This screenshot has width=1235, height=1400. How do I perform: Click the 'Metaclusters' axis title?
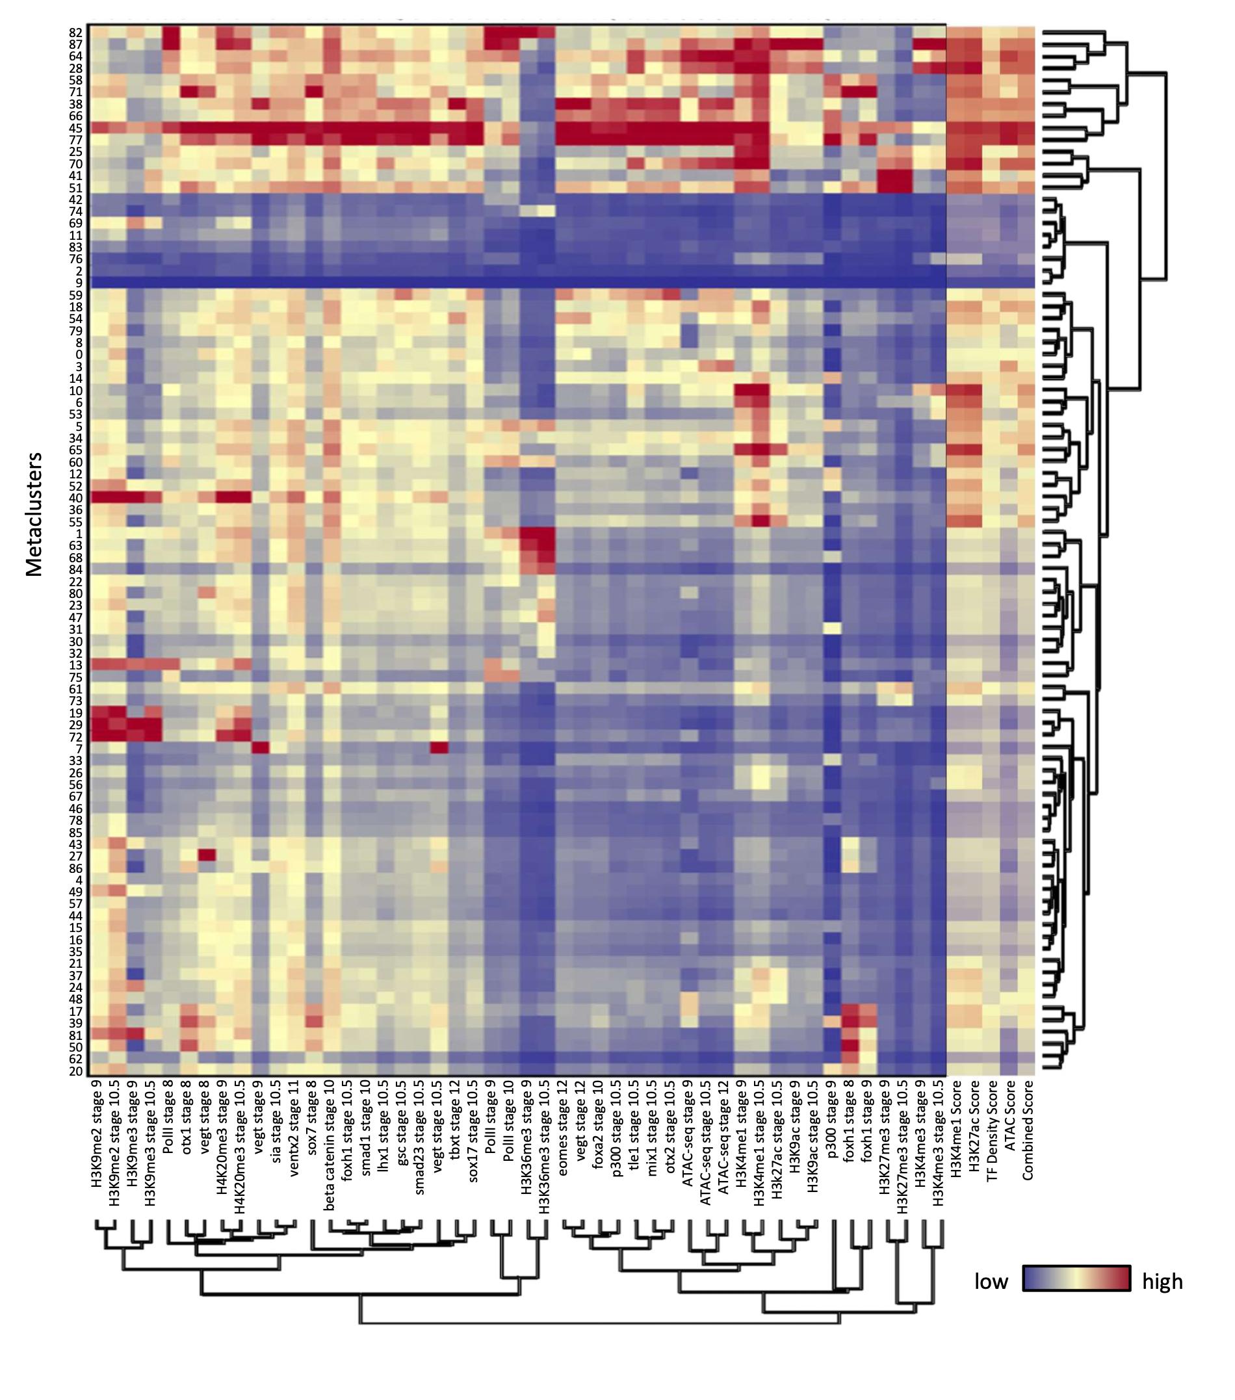(x=34, y=513)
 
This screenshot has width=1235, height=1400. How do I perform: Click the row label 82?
(x=75, y=32)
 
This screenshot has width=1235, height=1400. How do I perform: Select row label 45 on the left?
(x=75, y=128)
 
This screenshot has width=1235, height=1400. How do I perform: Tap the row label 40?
(x=75, y=498)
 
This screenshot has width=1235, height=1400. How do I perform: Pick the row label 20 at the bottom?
(x=75, y=1071)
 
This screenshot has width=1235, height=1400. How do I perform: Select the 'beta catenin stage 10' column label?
(x=330, y=1144)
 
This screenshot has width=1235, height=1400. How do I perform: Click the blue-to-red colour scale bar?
(x=1076, y=1278)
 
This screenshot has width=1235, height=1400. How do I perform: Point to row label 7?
(x=79, y=749)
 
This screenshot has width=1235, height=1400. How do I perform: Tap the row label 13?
(x=75, y=665)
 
